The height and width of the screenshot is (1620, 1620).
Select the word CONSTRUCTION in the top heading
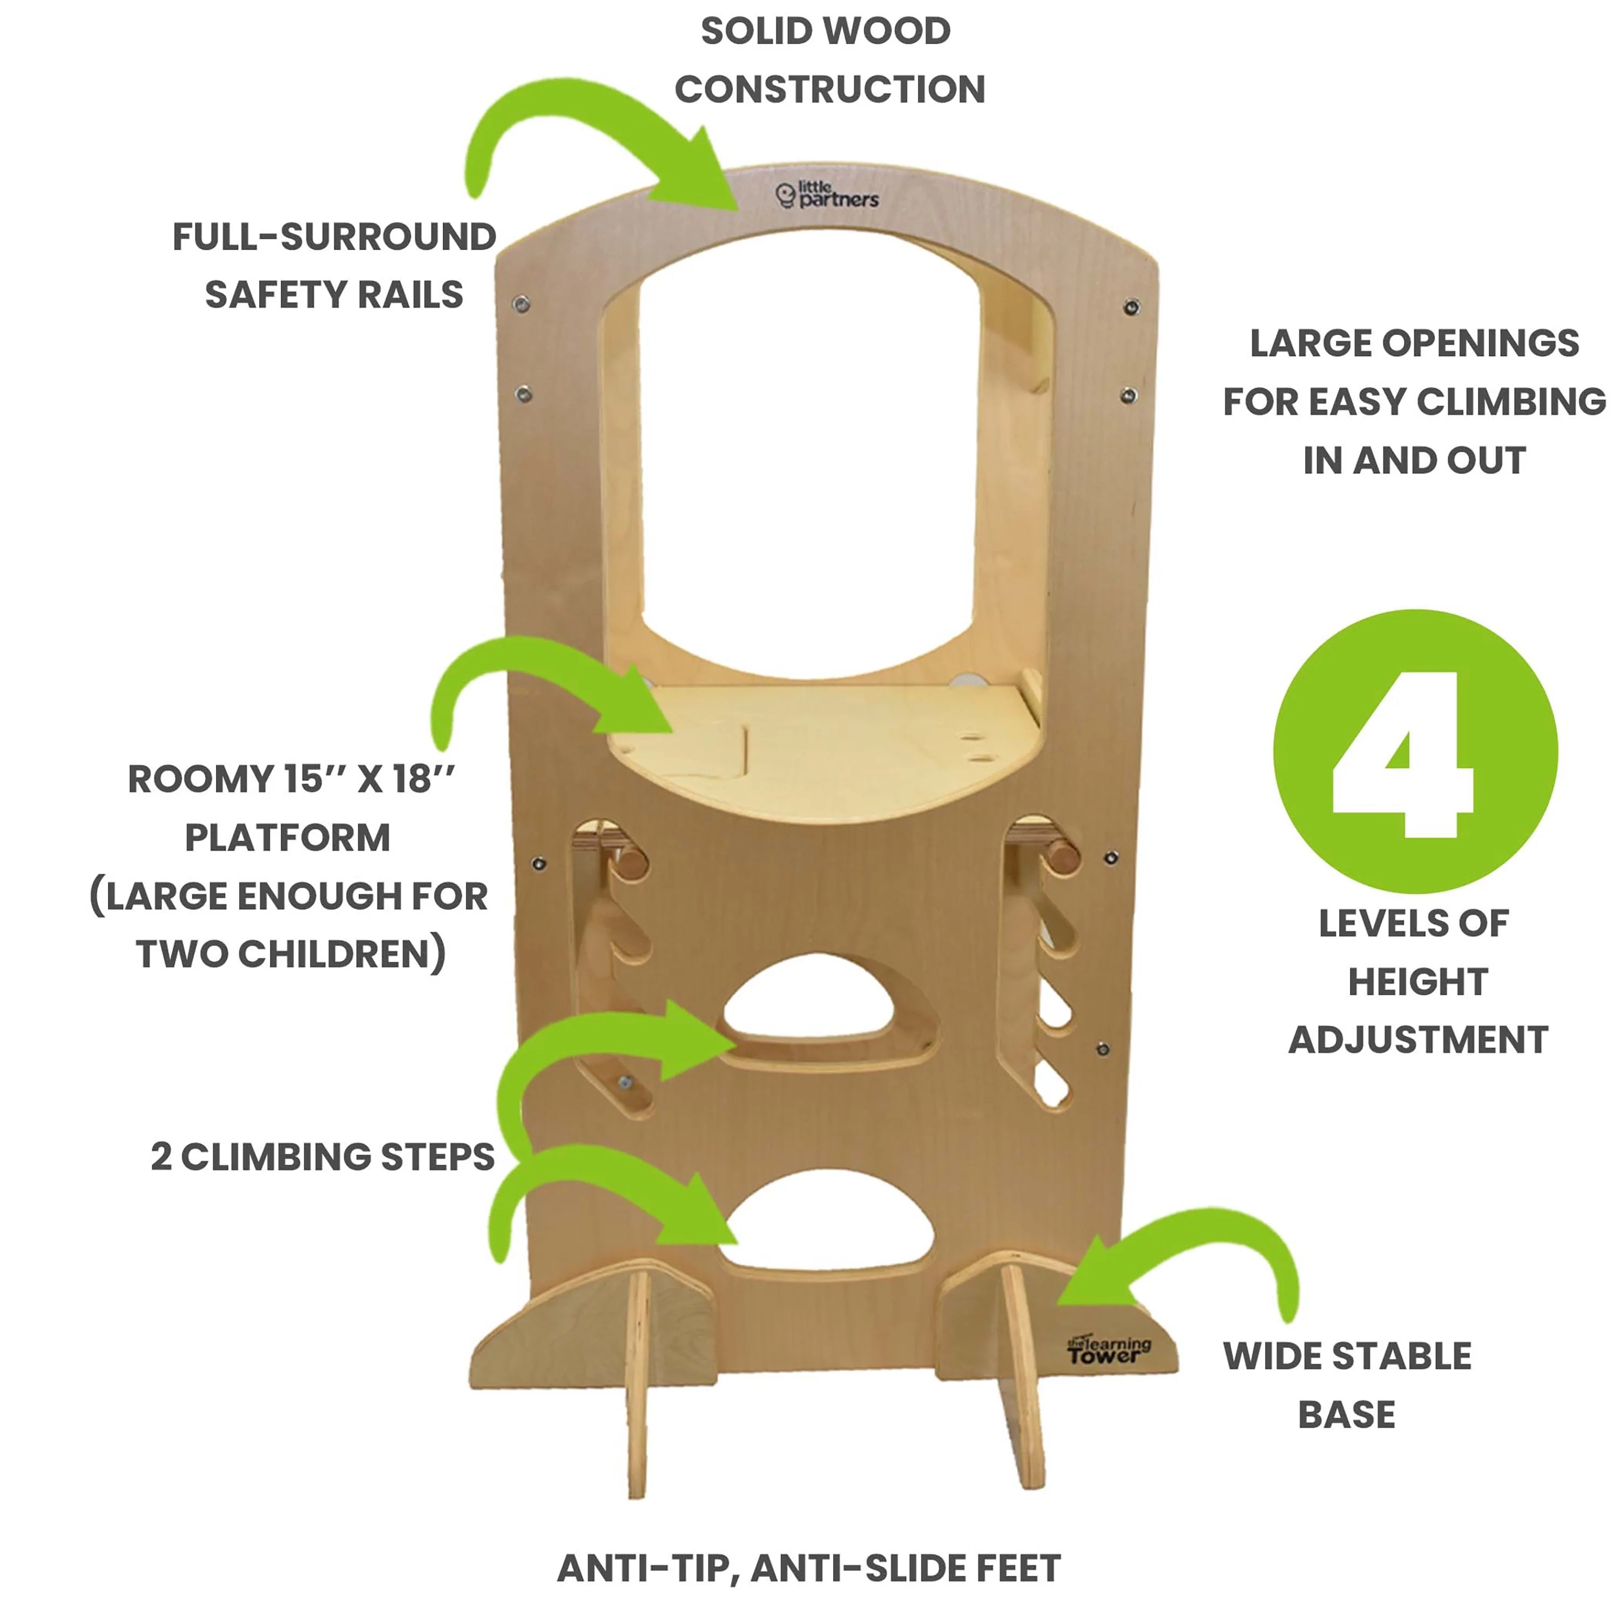coord(829,90)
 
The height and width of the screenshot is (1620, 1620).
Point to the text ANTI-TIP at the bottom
coord(647,1568)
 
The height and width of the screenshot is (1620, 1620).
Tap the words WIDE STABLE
coord(1347,1356)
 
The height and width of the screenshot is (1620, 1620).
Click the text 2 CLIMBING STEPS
coord(323,1157)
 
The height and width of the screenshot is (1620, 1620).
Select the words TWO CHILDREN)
coord(291,954)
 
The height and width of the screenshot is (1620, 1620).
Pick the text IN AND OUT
coord(1414,460)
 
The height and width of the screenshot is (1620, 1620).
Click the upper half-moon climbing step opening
coord(809,1002)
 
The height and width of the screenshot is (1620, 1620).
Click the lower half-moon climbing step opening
coord(826,1224)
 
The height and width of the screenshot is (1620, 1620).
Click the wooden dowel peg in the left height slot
coord(632,863)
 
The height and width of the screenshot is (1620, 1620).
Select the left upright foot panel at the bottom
coord(637,1383)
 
